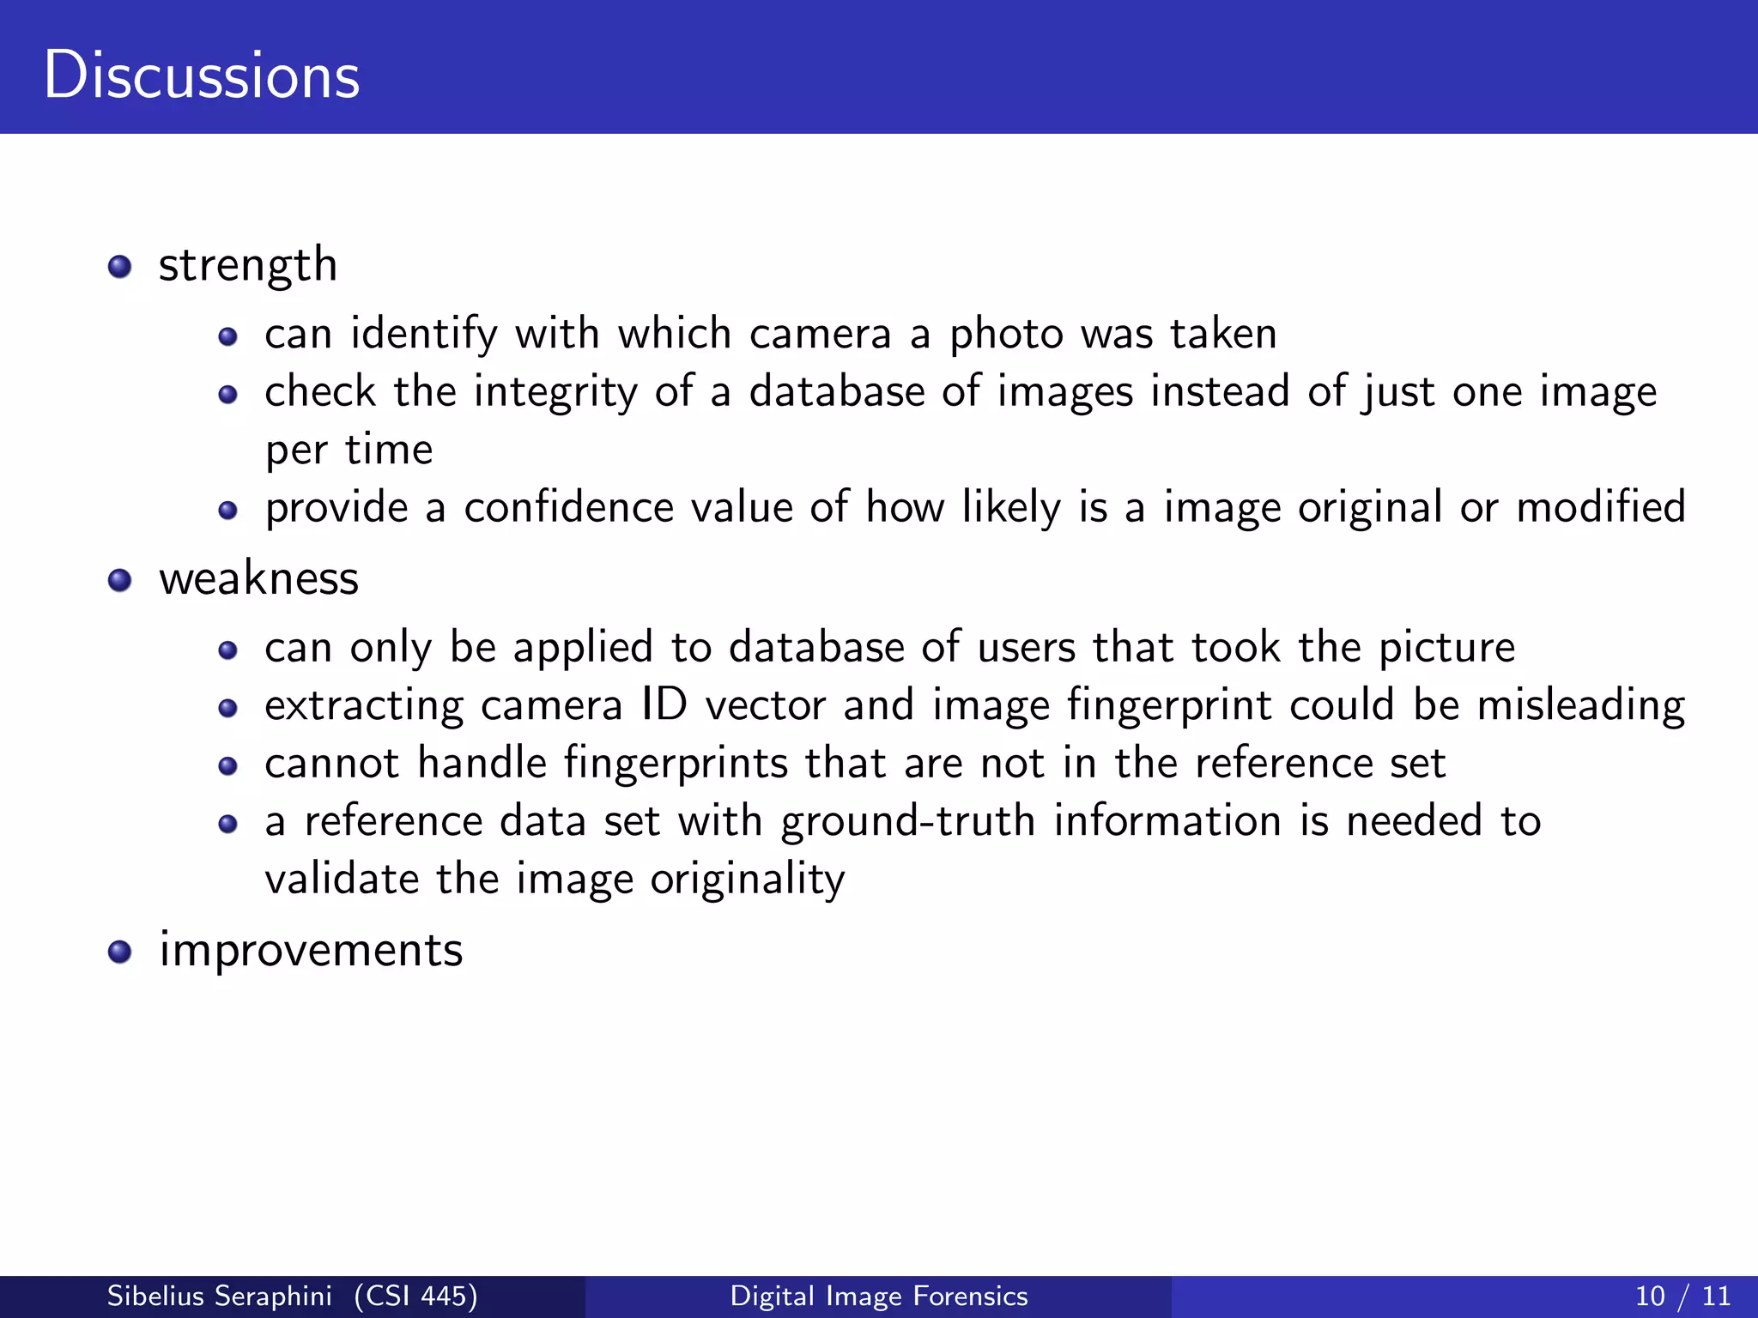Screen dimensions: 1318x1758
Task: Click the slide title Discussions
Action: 202,76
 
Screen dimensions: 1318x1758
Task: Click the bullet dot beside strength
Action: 119,266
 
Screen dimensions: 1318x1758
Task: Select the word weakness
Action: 258,578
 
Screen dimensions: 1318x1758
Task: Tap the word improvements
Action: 311,951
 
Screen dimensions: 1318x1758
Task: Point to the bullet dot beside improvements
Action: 119,952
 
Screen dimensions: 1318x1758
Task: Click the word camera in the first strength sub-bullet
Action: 820,334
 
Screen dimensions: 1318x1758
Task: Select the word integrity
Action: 555,393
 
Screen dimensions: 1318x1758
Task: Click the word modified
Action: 1601,508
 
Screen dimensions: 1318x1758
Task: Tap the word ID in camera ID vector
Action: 664,705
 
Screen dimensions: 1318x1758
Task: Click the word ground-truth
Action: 907,822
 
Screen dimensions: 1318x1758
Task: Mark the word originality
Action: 747,880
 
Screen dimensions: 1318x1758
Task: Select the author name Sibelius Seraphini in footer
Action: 219,1296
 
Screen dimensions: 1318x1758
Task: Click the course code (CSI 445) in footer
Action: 416,1296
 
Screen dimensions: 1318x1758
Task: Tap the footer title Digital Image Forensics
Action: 879,1296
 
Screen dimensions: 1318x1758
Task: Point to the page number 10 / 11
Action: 1683,1296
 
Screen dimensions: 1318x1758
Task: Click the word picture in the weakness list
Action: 1446,649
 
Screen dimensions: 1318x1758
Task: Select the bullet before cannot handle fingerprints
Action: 227,765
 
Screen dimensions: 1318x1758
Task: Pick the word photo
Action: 1006,334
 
